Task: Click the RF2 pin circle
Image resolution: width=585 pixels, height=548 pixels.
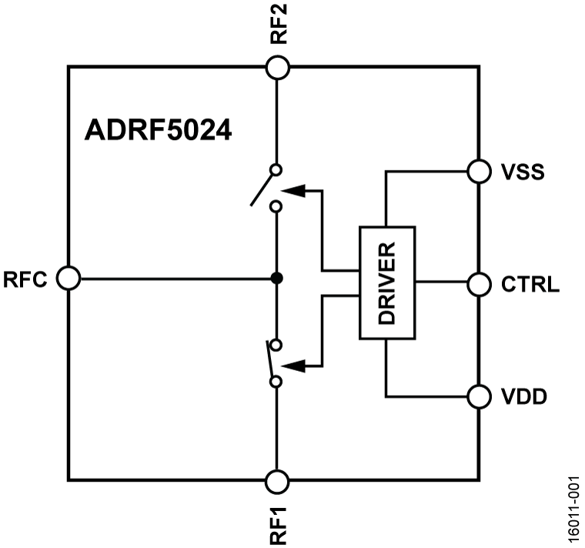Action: click(x=277, y=68)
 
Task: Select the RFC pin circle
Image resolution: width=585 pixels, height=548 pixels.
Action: click(x=69, y=279)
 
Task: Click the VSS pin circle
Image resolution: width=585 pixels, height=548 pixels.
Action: click(x=479, y=171)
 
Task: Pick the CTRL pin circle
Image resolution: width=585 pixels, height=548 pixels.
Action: click(x=479, y=284)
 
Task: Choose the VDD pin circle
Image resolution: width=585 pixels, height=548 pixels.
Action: click(x=479, y=396)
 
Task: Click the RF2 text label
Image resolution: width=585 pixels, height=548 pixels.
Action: click(x=278, y=25)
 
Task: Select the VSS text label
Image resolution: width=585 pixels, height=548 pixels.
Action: click(x=523, y=172)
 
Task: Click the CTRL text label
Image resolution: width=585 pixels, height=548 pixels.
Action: click(x=530, y=285)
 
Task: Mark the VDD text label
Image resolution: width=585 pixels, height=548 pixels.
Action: click(x=524, y=397)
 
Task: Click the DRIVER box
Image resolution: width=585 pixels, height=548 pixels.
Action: click(x=387, y=283)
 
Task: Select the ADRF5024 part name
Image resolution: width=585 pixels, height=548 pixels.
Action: click(x=159, y=131)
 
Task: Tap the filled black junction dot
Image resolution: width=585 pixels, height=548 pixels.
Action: click(x=277, y=278)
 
